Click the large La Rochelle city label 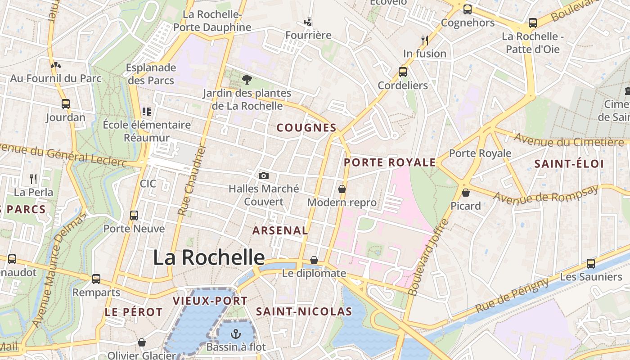tap(208, 257)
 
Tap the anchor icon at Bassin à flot tap(235, 333)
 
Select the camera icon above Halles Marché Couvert tap(264, 175)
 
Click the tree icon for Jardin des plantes tap(247, 80)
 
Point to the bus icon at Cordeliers tap(403, 72)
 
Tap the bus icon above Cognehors tap(468, 9)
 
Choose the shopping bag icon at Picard tap(466, 193)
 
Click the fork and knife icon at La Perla tap(33, 179)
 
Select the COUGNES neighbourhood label tap(306, 128)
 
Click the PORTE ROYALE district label tap(390, 162)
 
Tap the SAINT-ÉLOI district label tap(569, 164)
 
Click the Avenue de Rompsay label tap(546, 193)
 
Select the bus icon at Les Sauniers tap(591, 263)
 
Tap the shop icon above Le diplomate tap(314, 260)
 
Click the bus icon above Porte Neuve tap(134, 215)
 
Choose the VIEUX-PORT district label tap(210, 301)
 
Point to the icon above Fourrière tap(308, 22)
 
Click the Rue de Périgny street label tap(512, 296)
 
